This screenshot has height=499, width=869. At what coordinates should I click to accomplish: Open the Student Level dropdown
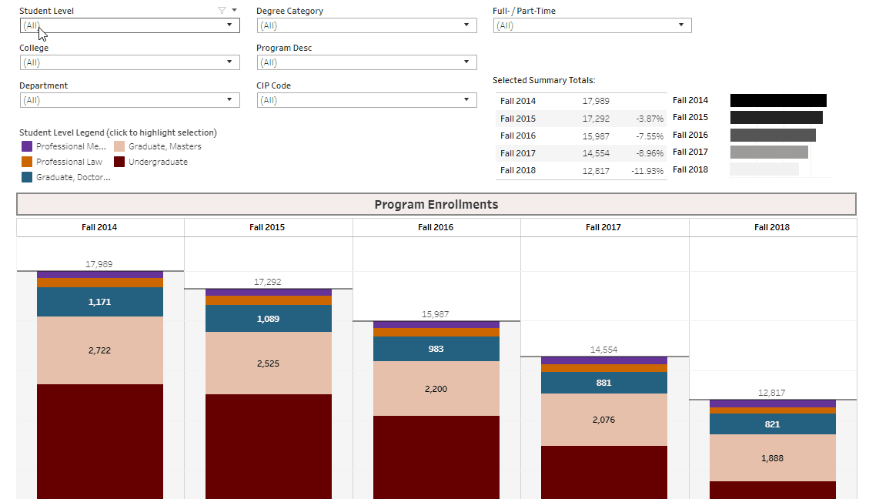point(129,25)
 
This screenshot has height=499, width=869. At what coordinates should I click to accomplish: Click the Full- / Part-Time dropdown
point(592,25)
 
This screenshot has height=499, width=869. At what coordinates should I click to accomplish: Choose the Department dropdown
point(129,100)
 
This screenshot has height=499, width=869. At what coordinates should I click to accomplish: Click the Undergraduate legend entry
point(158,162)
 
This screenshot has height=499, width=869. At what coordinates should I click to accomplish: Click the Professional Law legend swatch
point(27,162)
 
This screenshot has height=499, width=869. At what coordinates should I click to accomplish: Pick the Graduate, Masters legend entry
point(165,146)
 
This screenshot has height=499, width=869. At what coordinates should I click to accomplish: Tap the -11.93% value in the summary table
point(647,171)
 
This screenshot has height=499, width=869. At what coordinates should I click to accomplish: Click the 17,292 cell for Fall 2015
point(596,119)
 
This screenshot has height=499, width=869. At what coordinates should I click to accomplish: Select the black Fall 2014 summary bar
point(778,100)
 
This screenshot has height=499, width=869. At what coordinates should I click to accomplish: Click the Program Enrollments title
point(436,205)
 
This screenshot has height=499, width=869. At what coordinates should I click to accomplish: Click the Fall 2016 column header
point(436,227)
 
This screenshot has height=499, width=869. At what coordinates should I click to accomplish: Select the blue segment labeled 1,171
point(100,302)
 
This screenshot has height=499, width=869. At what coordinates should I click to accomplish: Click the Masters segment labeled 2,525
point(268,363)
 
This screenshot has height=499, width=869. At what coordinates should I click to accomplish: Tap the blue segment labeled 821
point(772,424)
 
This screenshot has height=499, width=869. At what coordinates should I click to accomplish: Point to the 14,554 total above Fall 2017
point(603,350)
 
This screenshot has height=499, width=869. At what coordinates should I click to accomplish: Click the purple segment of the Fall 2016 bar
point(436,325)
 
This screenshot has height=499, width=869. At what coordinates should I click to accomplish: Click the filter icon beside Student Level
point(222,11)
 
